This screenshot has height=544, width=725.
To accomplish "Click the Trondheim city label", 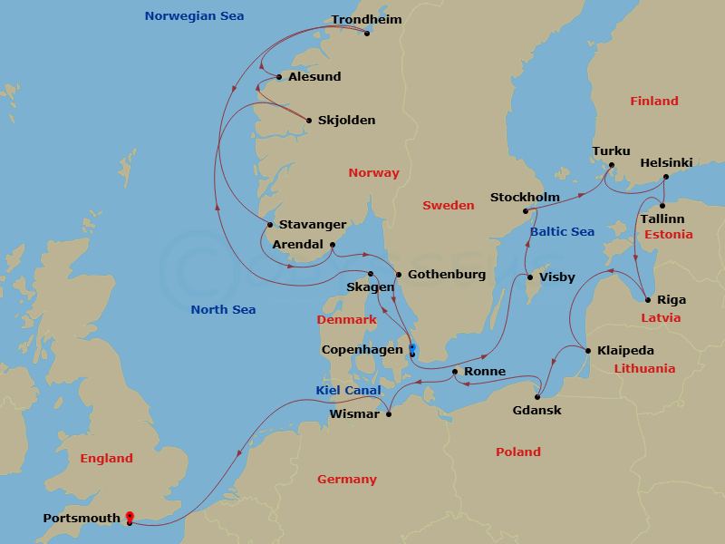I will [366, 19].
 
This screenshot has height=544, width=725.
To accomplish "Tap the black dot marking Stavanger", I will [270, 225].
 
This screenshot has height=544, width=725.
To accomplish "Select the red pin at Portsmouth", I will [130, 518].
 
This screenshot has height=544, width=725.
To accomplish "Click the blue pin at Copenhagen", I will [411, 348].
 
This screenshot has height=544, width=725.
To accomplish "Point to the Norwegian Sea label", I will [195, 16].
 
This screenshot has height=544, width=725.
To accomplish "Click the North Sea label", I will [223, 310].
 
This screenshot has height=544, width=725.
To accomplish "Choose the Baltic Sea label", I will [561, 232].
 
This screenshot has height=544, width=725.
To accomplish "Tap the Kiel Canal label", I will [348, 390].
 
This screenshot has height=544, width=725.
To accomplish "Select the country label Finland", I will [654, 102].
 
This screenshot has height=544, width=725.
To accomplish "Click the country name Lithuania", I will [644, 369].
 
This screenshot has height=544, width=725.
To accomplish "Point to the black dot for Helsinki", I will [666, 178].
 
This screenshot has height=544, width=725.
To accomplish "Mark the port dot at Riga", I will [647, 300].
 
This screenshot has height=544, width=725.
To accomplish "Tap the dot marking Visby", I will [530, 277].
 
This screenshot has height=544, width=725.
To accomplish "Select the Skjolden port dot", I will [309, 121].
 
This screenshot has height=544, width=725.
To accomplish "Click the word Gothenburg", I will [447, 275].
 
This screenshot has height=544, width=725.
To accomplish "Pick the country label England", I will [106, 459].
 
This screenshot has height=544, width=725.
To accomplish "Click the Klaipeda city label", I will [625, 351].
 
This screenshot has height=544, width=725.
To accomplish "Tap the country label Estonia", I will [668, 235].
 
